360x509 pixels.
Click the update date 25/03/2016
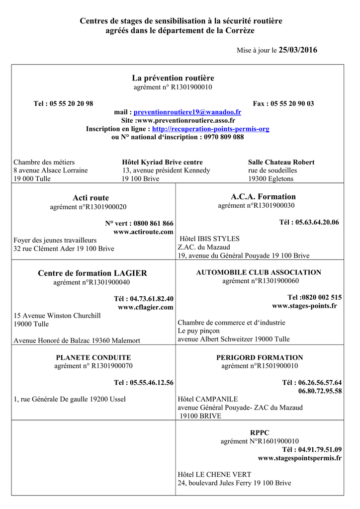(298, 50)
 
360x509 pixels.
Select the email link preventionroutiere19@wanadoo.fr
(187, 112)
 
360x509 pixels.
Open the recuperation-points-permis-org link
(211, 129)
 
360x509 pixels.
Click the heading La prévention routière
(173, 78)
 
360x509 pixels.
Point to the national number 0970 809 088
(224, 137)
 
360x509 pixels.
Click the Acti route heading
(91, 198)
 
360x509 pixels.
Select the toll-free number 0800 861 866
(154, 224)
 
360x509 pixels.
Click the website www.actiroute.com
(143, 232)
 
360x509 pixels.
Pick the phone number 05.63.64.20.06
(317, 222)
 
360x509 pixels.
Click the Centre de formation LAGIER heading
(92, 273)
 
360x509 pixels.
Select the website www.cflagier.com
(145, 307)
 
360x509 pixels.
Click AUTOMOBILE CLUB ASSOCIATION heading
(259, 272)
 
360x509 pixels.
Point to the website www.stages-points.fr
(304, 306)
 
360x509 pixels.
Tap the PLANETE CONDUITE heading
(93, 357)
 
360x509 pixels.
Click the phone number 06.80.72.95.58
(320, 391)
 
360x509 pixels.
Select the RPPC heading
(260, 432)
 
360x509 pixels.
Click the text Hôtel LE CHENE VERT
(214, 474)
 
